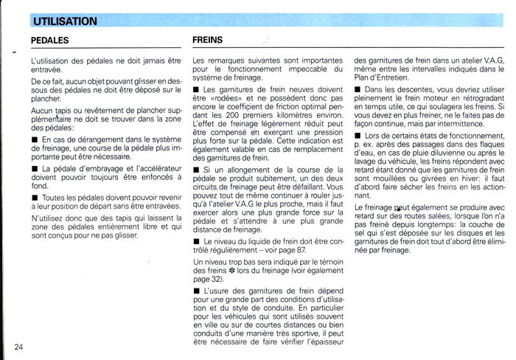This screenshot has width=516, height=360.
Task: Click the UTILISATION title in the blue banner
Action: (x=65, y=21)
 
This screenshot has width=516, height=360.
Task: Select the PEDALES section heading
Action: (x=50, y=41)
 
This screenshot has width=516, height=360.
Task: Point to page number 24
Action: (x=20, y=347)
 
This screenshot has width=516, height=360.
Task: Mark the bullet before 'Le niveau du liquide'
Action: (x=195, y=242)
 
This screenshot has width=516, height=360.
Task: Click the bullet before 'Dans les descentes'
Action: (x=358, y=89)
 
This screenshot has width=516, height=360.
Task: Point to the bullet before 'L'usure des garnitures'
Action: (x=195, y=291)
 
